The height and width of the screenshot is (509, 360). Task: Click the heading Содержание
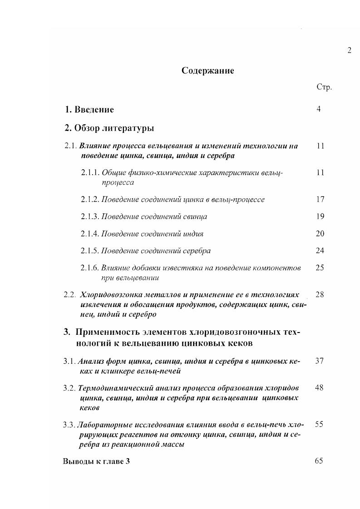tap(207, 71)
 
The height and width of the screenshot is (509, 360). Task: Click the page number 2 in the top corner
tap(349, 50)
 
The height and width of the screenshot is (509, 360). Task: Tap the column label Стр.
tap(324, 87)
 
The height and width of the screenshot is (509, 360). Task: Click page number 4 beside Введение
tap(319, 109)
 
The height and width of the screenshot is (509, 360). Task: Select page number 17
tap(320, 199)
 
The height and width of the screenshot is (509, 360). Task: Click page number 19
tap(320, 216)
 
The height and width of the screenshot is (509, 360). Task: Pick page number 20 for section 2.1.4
tap(320, 234)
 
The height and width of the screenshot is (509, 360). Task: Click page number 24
tap(320, 250)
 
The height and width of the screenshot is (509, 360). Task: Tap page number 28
tap(320, 294)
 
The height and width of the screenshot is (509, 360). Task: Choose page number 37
tap(320, 361)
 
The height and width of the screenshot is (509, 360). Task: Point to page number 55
tap(319, 424)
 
